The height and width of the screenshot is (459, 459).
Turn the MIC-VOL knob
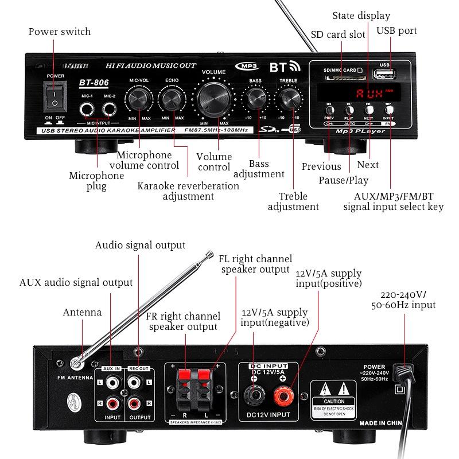point(139,100)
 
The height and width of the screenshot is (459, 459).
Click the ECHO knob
point(172,100)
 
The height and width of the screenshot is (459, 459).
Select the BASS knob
point(255,99)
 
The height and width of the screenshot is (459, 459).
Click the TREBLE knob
point(289,99)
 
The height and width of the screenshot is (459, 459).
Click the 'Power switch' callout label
point(60,32)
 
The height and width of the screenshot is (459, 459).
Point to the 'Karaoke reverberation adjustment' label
point(188,191)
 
